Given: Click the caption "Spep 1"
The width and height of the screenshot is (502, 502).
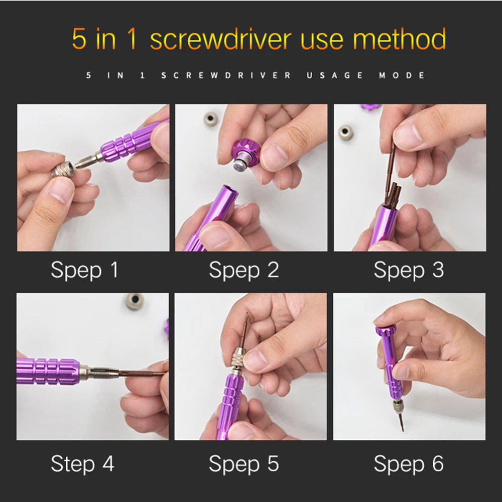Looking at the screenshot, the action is pos(84,270).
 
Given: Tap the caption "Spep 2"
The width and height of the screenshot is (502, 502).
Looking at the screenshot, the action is pos(243,270).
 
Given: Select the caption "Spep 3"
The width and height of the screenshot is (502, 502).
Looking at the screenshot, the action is pos(409,270).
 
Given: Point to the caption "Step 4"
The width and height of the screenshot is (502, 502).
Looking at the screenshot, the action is pos(82,463).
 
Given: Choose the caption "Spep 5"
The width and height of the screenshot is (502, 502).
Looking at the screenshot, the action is pos(243,464).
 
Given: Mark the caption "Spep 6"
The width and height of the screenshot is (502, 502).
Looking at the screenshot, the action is pos(409,464).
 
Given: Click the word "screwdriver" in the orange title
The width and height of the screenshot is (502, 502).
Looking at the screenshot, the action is pos(220,39).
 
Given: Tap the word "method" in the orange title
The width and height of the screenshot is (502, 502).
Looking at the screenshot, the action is pos(399,39).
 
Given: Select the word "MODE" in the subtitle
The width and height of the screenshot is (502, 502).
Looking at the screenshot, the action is pos(402,76).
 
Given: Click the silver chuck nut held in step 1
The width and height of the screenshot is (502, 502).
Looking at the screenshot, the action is pos(63,169).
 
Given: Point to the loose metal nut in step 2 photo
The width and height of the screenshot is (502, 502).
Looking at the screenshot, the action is pos(211,119).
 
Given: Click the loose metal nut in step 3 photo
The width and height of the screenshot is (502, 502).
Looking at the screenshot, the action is pos(346,132).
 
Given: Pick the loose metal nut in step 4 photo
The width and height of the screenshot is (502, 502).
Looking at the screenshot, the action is pos(135,301).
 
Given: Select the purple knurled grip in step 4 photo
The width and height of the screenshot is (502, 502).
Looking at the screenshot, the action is pos(48,371).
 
